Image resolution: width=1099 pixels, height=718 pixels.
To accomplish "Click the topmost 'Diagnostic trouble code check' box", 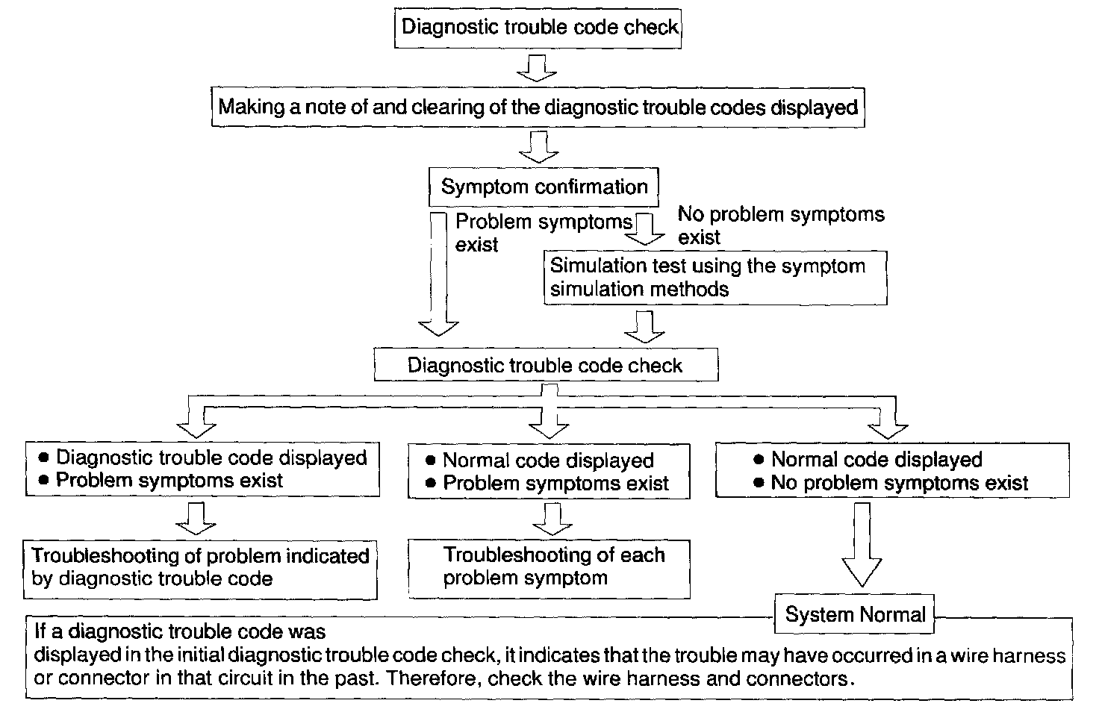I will [538, 28].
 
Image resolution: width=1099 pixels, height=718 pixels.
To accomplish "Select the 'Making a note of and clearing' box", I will [538, 107].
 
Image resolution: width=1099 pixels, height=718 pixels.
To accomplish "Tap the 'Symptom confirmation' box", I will [544, 187].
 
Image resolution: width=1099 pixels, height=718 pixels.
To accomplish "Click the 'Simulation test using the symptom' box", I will [715, 278].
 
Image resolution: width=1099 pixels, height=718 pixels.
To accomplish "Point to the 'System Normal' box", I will [855, 615].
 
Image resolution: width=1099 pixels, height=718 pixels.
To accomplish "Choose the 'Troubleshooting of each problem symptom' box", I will [549, 569].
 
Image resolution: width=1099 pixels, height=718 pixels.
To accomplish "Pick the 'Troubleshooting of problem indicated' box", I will [199, 569].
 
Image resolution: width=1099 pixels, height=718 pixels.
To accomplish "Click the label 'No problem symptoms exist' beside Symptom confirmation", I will [780, 225].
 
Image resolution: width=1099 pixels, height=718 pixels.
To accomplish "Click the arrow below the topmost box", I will [537, 68].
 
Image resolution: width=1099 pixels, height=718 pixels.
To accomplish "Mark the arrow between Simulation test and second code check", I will [644, 327].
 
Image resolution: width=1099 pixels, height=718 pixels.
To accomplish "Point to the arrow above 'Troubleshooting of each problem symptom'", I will [552, 519].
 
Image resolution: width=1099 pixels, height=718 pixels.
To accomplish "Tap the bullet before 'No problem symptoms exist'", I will [759, 483].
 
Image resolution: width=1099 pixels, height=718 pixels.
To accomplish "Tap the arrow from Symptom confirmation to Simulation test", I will [644, 229].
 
